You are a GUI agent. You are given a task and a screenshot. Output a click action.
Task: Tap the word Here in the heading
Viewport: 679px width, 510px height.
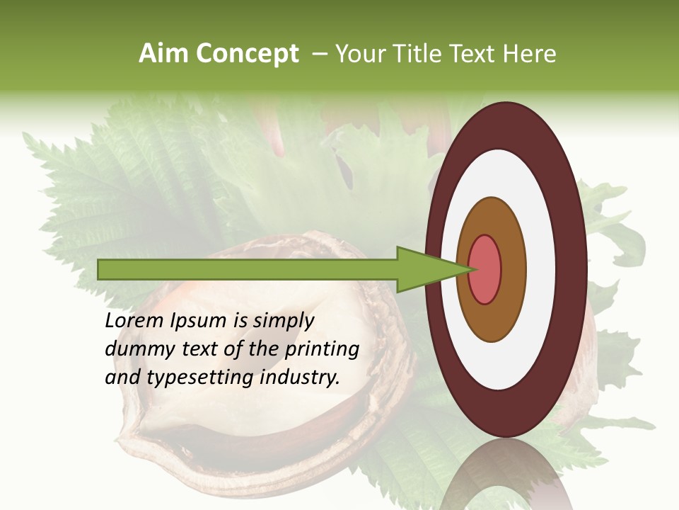point(530,54)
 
